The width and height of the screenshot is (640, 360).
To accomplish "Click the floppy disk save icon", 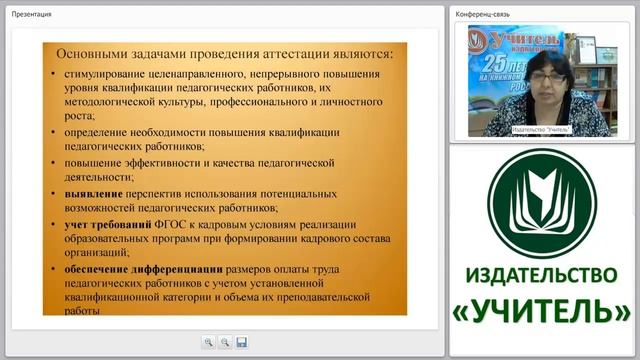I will (242, 342).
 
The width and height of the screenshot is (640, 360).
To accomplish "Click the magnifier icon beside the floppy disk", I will (225, 342).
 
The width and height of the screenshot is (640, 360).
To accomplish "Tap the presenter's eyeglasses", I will (538, 74).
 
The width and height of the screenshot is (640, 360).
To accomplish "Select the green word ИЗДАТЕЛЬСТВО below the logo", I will (543, 274).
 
